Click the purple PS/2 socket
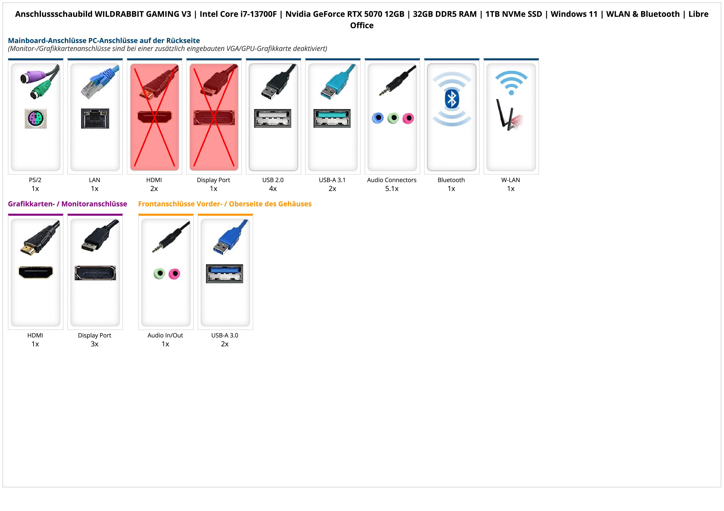pyautogui.click(x=36, y=118)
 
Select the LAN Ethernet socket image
pyautogui.click(x=95, y=118)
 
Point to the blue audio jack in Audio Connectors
pyautogui.click(x=378, y=118)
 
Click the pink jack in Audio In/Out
pyautogui.click(x=174, y=274)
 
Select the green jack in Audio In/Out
pyautogui.click(x=160, y=273)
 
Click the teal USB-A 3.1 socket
pyautogui.click(x=332, y=118)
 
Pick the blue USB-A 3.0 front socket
pyautogui.click(x=225, y=274)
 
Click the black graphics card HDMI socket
pyautogui.click(x=36, y=272)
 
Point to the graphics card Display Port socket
pyautogui.click(x=95, y=273)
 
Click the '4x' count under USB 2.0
pyautogui.click(x=273, y=189)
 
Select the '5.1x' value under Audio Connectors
pyautogui.click(x=392, y=189)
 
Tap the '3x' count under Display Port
pyautogui.click(x=95, y=344)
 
